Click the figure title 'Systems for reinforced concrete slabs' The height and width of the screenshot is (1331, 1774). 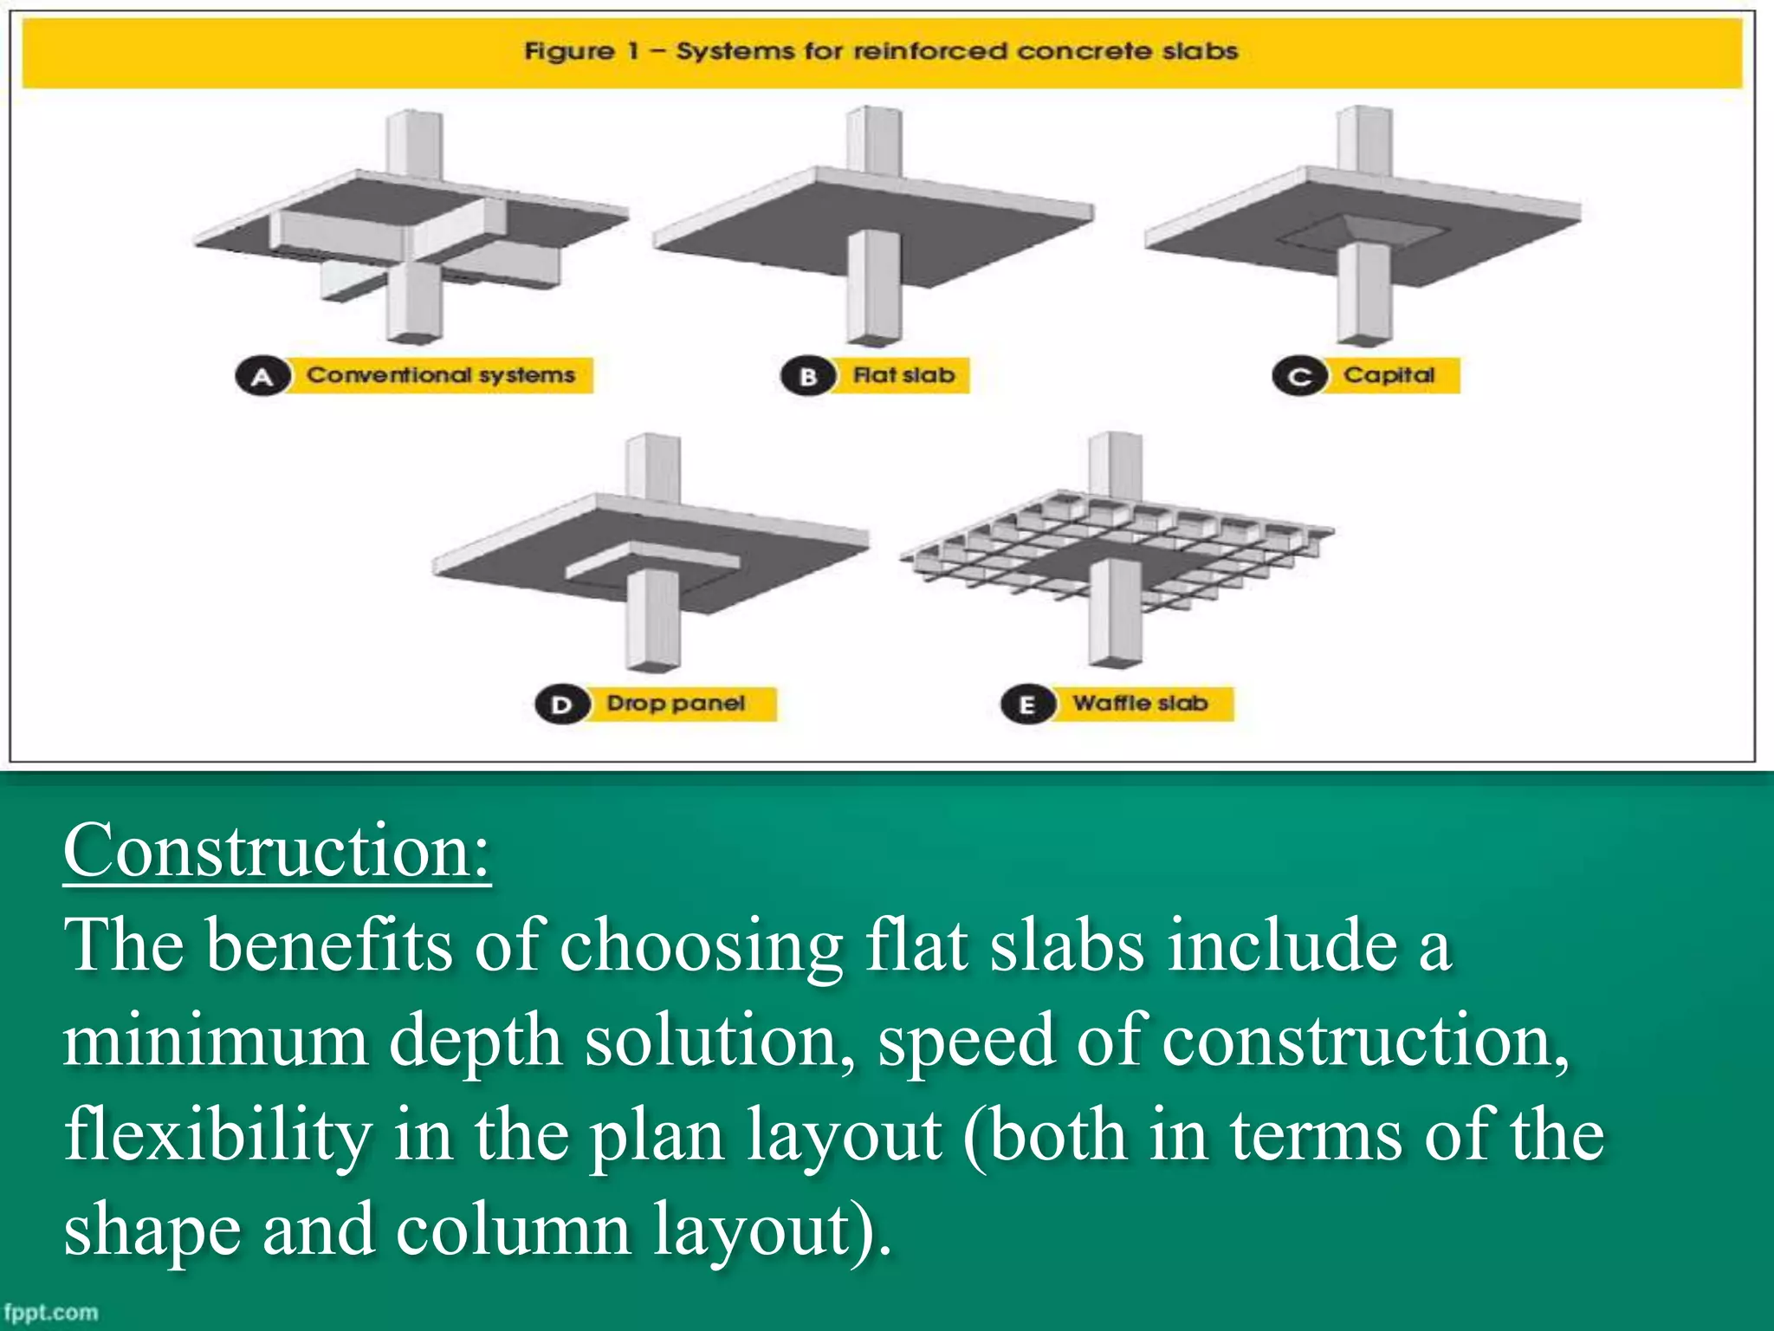(x=880, y=51)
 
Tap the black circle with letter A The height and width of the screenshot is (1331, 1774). (x=261, y=377)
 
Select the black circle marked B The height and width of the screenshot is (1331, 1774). (x=806, y=377)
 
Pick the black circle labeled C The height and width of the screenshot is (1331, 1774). (x=1298, y=377)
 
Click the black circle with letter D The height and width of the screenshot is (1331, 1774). (x=561, y=704)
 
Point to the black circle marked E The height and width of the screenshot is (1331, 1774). (x=1026, y=704)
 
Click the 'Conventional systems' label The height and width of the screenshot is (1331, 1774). (x=440, y=375)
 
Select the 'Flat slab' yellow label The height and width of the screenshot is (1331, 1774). (x=903, y=375)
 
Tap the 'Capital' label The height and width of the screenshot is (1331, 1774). (x=1389, y=375)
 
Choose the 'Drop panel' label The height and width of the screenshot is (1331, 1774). (x=676, y=703)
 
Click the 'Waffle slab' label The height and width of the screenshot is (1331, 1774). (x=1140, y=703)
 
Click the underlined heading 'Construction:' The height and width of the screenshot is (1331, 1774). (x=277, y=851)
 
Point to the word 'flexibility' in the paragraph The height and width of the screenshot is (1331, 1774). (x=217, y=1135)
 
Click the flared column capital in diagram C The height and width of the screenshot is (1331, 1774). (x=1364, y=232)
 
